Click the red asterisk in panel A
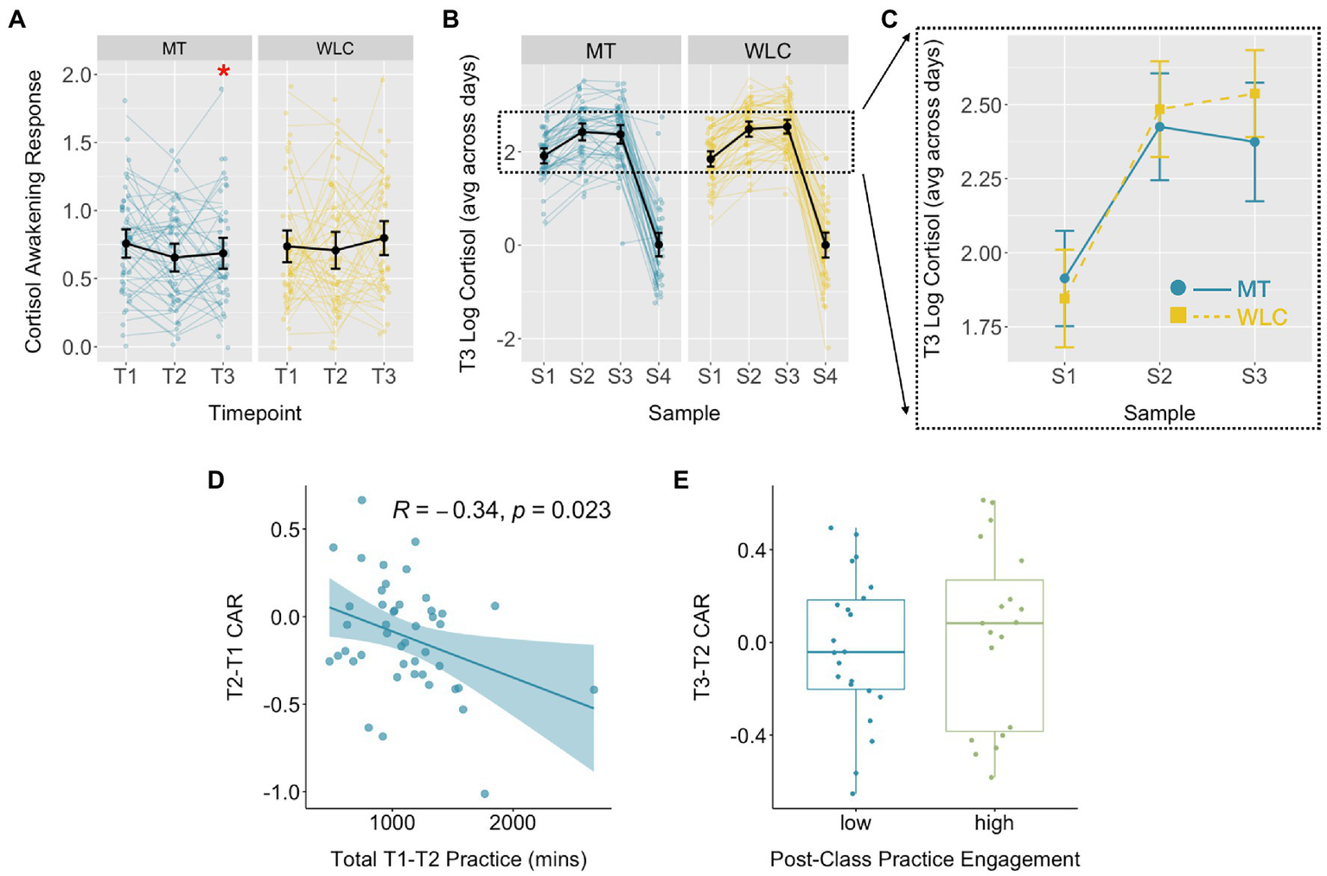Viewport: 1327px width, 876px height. (x=224, y=72)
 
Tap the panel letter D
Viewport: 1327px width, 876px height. (x=216, y=480)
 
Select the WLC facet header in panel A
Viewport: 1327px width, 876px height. (x=335, y=48)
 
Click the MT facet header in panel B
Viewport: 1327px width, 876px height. (x=601, y=51)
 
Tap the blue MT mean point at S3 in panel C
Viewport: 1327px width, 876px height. (x=1254, y=142)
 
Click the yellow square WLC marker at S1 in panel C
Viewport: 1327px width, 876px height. (x=1064, y=298)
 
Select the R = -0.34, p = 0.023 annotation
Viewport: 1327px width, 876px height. (x=501, y=510)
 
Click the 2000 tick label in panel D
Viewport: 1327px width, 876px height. (x=512, y=823)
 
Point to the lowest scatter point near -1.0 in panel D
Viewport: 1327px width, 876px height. (x=484, y=793)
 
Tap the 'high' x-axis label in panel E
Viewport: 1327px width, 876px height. (x=994, y=823)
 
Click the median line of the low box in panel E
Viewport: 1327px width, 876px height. (x=855, y=652)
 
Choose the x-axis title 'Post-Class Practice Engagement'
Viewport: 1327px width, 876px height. (x=924, y=860)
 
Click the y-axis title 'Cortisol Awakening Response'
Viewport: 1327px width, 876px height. (x=33, y=211)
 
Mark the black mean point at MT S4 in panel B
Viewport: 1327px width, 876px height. (x=659, y=245)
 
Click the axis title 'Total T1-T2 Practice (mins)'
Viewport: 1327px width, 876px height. (x=458, y=860)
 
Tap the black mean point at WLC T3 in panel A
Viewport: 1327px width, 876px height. (x=384, y=238)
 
